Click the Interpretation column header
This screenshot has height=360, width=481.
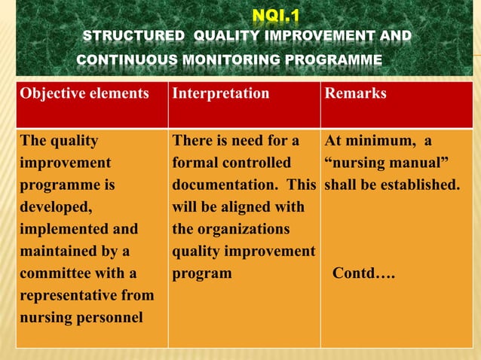point(220,94)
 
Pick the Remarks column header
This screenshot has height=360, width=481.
point(354,94)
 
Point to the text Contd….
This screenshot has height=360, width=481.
point(364,273)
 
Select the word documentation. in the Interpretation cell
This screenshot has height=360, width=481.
point(228,185)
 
